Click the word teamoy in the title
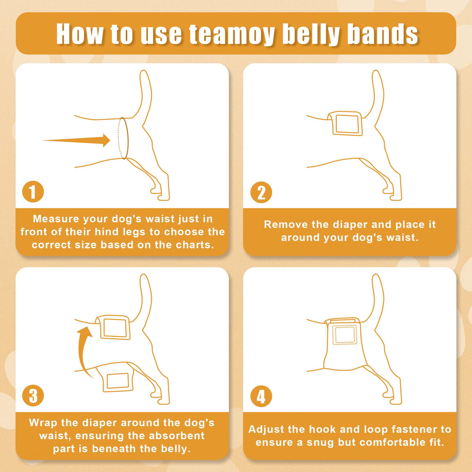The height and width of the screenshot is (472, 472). (232, 35)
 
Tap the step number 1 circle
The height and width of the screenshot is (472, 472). (33, 192)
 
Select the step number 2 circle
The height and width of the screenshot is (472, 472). (261, 192)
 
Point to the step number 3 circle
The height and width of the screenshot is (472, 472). (33, 396)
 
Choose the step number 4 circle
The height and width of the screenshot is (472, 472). (261, 396)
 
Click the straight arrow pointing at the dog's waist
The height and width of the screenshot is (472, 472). (77, 140)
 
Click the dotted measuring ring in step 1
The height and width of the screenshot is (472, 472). (123, 138)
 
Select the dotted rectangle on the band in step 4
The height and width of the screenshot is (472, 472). (345, 334)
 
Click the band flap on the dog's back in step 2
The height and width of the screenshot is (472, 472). (345, 123)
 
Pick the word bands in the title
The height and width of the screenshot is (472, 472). (382, 34)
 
